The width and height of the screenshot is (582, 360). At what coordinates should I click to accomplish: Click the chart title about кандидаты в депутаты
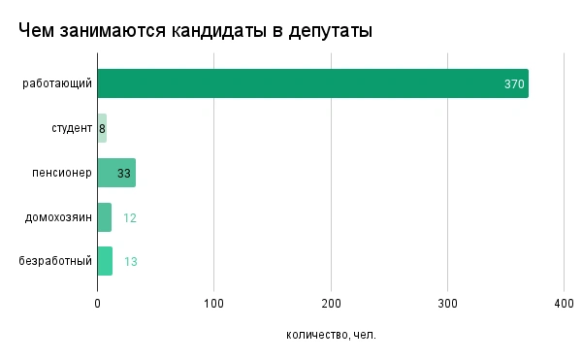pos(195,31)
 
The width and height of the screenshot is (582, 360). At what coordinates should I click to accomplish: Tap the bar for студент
pos(101,128)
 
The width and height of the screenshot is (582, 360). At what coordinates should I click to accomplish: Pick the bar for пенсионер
pos(115,173)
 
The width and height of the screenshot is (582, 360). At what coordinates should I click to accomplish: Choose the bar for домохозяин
pos(104,217)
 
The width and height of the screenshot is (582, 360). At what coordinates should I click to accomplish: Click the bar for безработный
pos(105,261)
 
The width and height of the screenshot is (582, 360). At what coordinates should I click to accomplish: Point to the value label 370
pos(514,84)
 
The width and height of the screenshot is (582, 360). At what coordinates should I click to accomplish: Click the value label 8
pos(102,128)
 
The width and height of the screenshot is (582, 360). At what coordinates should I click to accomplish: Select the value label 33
pos(124,173)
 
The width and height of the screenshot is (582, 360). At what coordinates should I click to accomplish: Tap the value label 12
pos(129,217)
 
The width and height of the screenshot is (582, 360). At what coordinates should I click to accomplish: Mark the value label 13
pos(131,262)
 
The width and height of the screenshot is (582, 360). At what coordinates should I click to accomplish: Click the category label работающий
pos(58,83)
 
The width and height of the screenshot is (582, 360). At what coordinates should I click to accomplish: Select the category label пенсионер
pos(61,173)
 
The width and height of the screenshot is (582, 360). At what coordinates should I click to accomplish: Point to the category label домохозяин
pos(59,217)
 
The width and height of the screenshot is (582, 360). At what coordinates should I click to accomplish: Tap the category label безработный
pos(56,261)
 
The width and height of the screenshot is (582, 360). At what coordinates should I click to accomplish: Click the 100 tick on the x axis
pos(214,303)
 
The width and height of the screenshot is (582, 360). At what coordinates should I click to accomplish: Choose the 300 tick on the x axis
pos(447,303)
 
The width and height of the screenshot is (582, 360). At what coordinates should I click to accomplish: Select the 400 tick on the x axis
pos(564,303)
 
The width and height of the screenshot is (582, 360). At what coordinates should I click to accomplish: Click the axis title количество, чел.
pos(331,335)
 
